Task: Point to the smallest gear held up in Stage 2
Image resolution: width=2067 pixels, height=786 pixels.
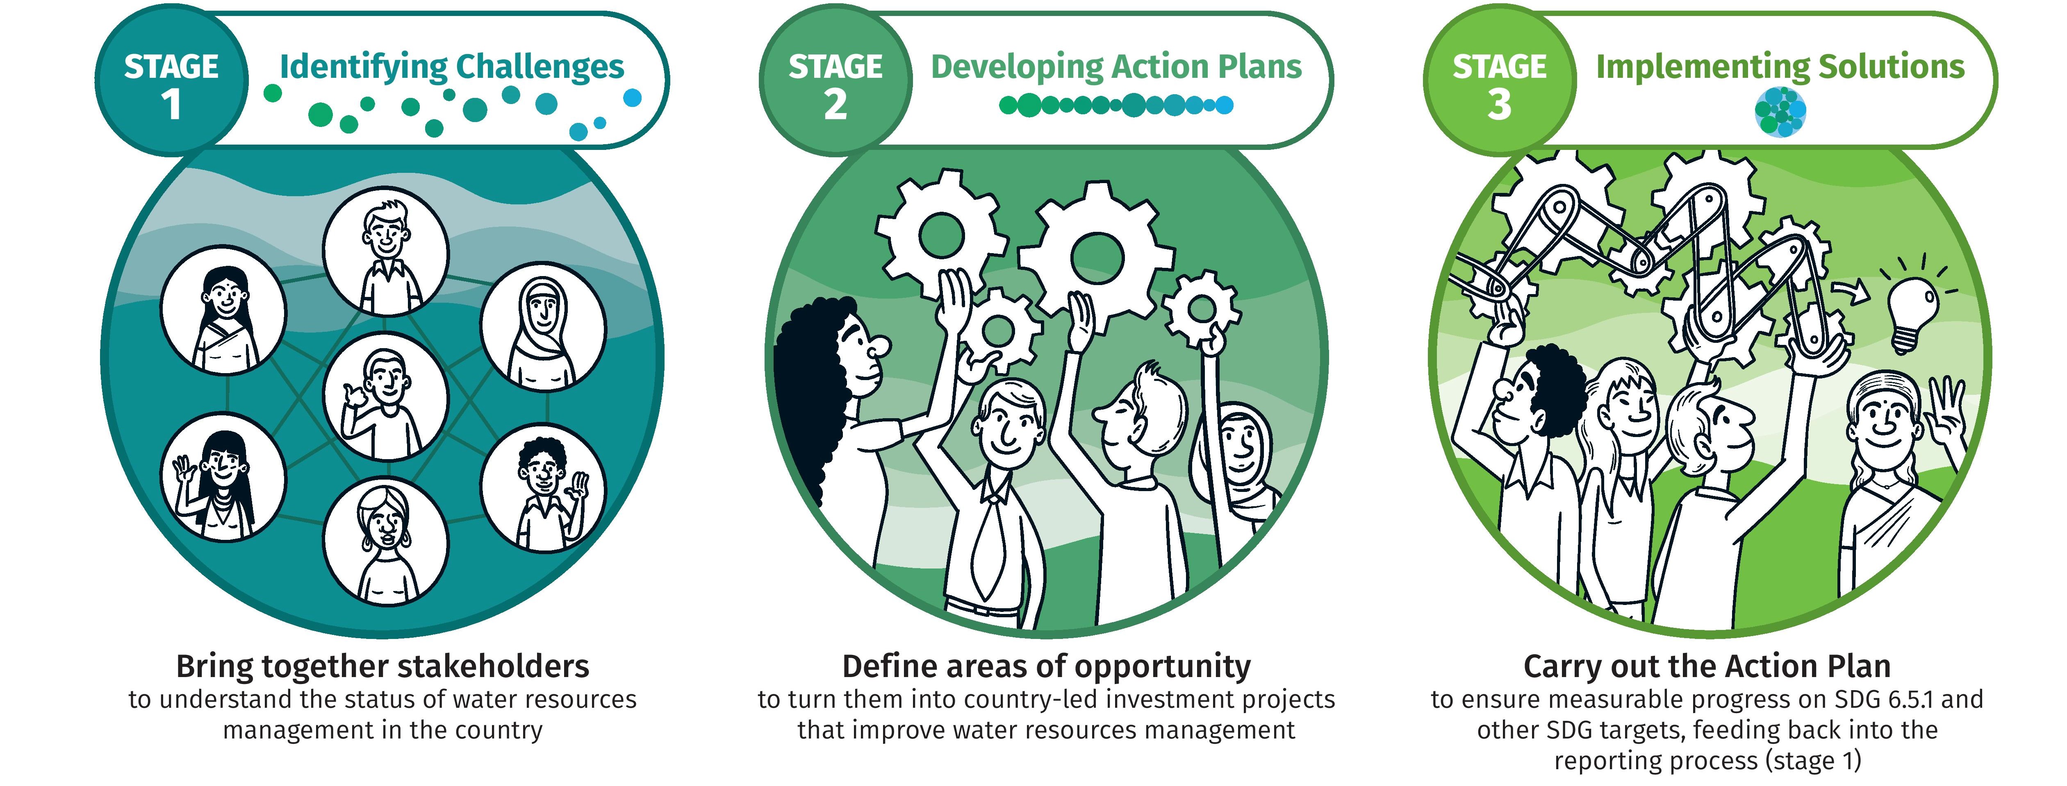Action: click(1201, 309)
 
